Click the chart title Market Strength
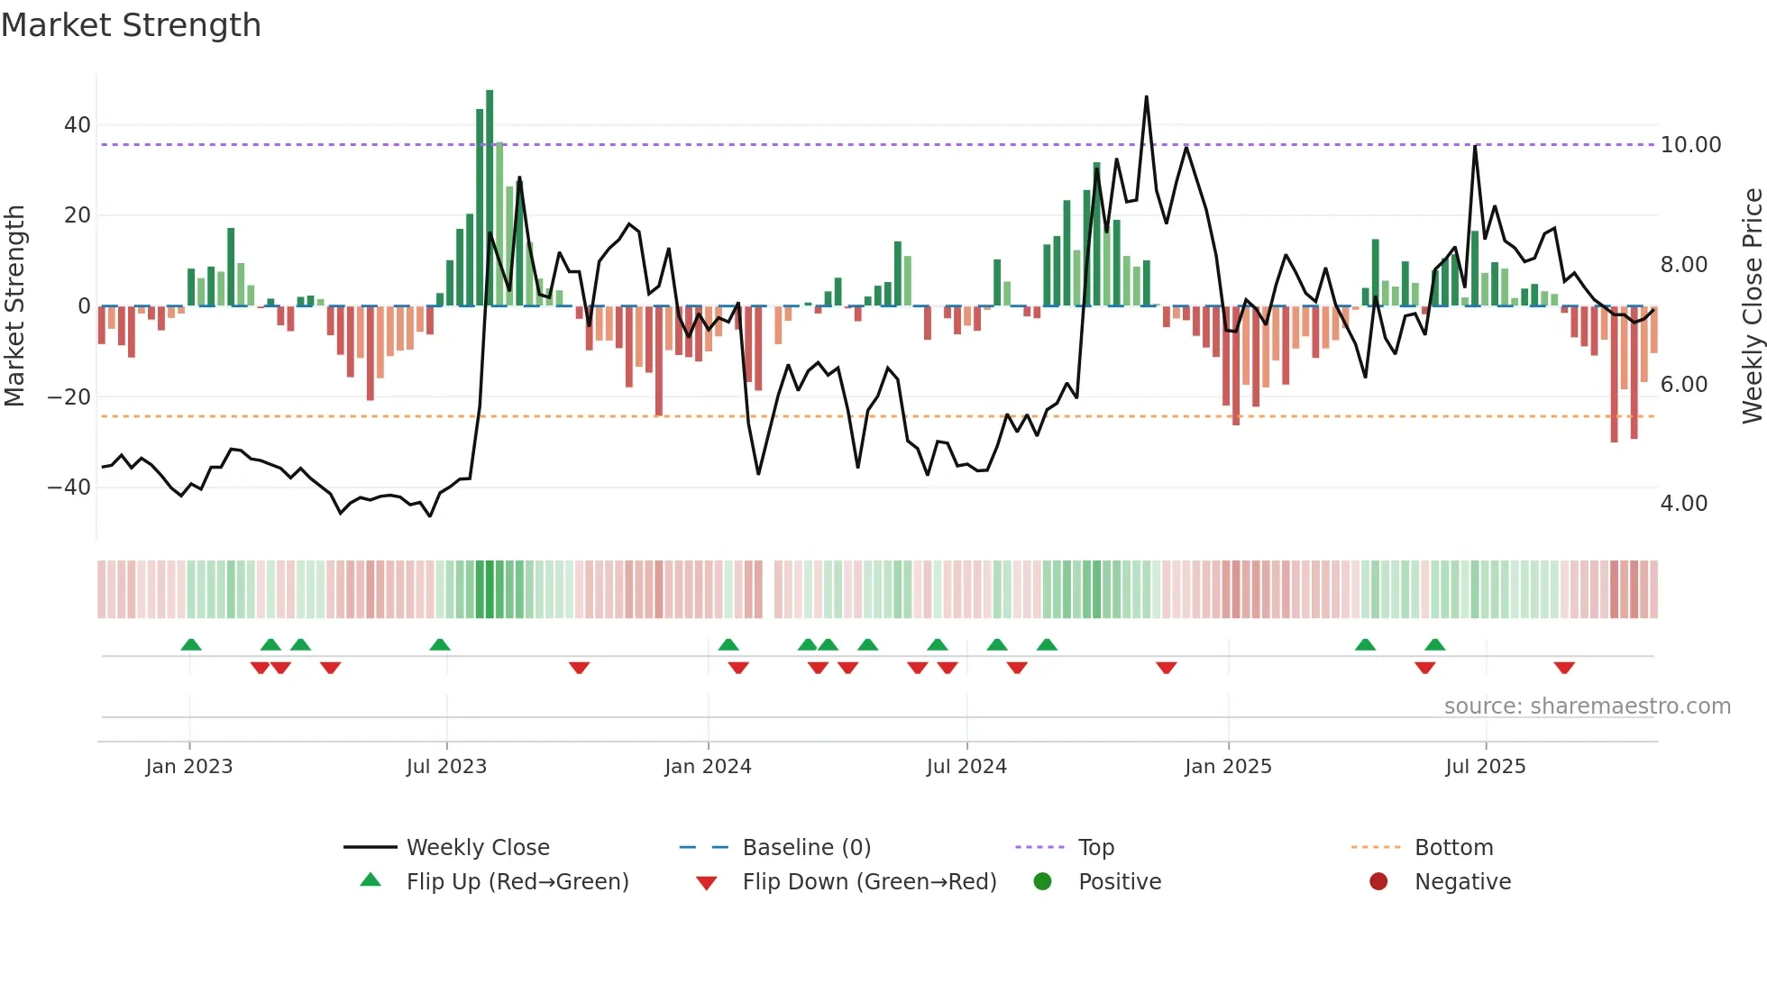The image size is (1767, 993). [x=131, y=25]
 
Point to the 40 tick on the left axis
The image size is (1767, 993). [x=78, y=125]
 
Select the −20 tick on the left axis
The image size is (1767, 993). [x=69, y=397]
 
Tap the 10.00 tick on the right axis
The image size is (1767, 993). [x=1690, y=145]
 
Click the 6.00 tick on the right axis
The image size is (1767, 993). [x=1683, y=385]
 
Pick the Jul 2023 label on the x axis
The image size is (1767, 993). [x=446, y=767]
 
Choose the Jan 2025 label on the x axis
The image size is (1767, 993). [x=1228, y=767]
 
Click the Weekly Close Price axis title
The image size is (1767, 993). [x=1752, y=305]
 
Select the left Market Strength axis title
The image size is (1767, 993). [x=14, y=305]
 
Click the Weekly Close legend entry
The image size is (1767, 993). [x=477, y=848]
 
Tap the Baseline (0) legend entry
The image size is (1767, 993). [x=806, y=848]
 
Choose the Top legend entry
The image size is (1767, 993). [x=1095, y=848]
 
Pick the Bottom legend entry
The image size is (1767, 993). [x=1453, y=848]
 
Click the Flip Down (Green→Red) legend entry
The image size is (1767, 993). [x=868, y=882]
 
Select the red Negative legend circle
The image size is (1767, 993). [x=1378, y=882]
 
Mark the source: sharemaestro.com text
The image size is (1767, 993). [x=1587, y=706]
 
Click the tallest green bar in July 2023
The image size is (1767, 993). [x=490, y=198]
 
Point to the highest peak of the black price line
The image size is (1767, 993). [x=1147, y=96]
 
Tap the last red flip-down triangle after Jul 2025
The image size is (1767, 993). [x=1564, y=668]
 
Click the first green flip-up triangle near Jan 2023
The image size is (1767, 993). [x=191, y=644]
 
